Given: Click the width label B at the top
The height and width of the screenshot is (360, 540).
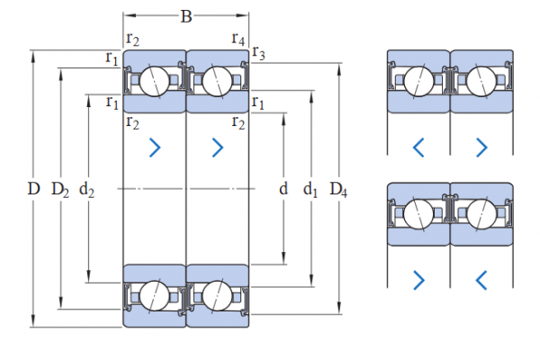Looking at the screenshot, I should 185,16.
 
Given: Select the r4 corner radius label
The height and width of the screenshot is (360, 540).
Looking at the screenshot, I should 238,39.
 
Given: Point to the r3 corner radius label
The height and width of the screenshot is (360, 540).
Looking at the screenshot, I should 259,54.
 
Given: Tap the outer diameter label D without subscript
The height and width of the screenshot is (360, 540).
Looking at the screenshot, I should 33,189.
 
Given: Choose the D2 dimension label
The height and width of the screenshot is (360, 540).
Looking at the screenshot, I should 60,189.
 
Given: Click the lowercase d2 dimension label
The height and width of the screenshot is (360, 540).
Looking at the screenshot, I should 88,189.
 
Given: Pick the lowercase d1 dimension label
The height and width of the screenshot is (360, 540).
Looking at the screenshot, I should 311,189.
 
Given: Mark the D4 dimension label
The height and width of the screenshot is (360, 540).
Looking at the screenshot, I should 339,189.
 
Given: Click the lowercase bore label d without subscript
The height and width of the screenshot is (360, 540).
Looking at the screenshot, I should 283,189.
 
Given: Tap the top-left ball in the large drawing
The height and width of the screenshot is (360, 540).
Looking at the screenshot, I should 153,81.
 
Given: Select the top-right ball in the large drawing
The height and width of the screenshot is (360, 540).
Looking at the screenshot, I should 218,81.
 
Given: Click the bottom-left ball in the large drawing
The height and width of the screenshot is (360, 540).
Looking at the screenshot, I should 153,295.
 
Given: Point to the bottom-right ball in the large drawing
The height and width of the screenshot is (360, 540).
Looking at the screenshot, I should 218,295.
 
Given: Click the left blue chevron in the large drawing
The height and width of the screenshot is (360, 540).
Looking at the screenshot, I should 155,147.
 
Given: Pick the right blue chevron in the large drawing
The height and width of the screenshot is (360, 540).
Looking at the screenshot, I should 218,147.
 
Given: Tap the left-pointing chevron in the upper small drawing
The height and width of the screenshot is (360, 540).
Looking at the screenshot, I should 418,147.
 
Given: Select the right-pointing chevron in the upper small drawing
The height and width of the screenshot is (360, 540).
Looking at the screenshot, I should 481,147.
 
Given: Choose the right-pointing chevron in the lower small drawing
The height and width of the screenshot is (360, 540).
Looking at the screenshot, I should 418,280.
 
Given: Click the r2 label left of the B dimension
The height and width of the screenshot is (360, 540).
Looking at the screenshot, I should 133,39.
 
